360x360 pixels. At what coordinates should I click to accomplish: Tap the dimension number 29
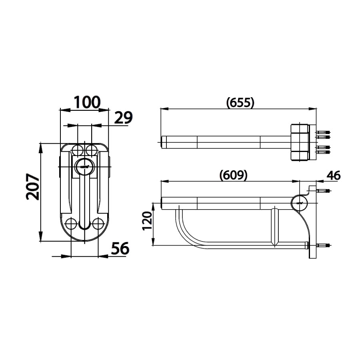[x=123, y=118]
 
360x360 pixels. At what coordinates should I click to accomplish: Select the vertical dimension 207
[x=33, y=187]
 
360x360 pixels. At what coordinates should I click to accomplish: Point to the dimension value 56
[x=120, y=248]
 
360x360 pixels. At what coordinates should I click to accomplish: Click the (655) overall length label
[x=240, y=103]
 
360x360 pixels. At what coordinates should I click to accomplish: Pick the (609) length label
[x=233, y=176]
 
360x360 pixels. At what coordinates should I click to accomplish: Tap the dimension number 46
[x=333, y=176]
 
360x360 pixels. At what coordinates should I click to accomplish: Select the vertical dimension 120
[x=147, y=221]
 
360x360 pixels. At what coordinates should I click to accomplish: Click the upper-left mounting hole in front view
[x=78, y=150]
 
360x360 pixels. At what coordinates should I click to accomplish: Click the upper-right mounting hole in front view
[x=92, y=150]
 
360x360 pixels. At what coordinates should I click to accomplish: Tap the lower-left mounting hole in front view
[x=71, y=223]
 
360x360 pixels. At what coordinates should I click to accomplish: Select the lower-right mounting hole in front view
[x=98, y=223]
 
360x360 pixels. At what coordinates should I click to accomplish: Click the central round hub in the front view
[x=84, y=167]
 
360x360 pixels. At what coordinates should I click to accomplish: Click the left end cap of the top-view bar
[x=164, y=142]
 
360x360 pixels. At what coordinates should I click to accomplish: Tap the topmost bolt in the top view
[x=323, y=132]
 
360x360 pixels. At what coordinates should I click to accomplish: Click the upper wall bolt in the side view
[x=323, y=191]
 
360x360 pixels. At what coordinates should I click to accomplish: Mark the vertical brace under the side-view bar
[x=275, y=226]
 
